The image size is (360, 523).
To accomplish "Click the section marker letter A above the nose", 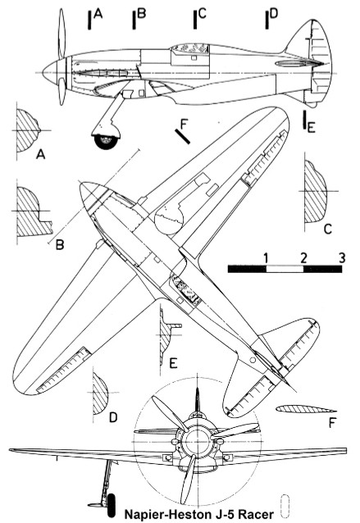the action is pyautogui.click(x=98, y=14).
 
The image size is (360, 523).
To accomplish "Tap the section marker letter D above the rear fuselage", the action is pyautogui.click(x=273, y=14).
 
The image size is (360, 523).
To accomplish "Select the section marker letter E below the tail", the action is pyautogui.click(x=311, y=128).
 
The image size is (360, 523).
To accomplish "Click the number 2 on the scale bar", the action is pyautogui.click(x=303, y=258).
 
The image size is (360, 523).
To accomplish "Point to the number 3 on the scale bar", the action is pyautogui.click(x=341, y=258).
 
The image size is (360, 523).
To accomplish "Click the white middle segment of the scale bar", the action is pyautogui.click(x=285, y=269).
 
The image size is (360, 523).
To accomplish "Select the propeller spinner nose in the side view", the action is pyautogui.click(x=50, y=72).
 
